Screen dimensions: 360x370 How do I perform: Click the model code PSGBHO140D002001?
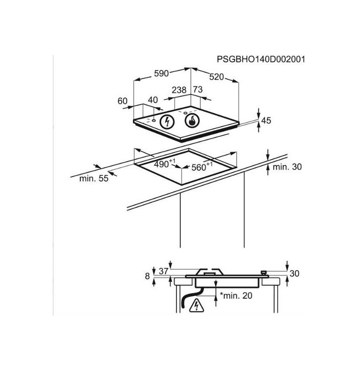261,59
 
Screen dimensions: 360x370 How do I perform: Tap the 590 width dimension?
162,73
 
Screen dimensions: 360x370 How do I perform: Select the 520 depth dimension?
216,77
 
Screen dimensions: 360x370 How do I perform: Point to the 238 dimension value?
179,90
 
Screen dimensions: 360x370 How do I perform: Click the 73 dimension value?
198,89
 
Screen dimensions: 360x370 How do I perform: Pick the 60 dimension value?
122,101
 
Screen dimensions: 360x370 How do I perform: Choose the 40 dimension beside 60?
153,100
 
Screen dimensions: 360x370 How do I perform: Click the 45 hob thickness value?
266,120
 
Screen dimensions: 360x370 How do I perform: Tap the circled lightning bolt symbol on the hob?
167,122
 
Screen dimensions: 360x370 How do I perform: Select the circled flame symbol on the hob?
192,121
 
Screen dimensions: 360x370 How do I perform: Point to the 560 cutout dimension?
202,167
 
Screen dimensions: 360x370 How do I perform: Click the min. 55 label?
94,178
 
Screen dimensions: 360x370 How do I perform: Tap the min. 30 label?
287,167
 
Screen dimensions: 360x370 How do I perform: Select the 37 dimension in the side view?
163,271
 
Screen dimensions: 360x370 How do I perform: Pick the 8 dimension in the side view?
148,276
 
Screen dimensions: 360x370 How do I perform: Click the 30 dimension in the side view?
294,273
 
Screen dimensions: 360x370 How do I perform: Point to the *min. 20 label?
236,295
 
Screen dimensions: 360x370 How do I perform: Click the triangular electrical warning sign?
196,306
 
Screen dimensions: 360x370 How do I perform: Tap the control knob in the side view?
264,273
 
